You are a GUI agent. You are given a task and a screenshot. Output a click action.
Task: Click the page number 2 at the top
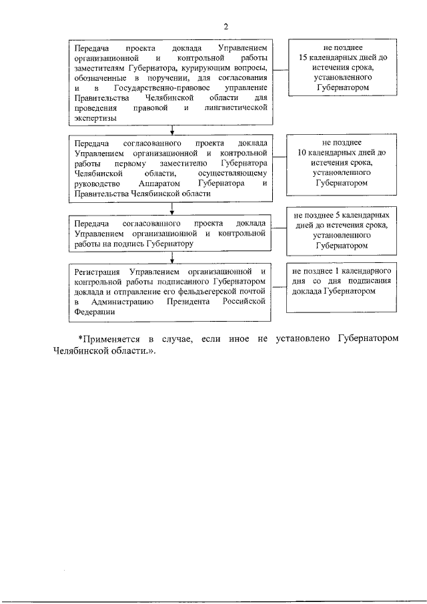pyautogui.click(x=226, y=27)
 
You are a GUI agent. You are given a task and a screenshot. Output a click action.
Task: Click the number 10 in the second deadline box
pyautogui.click(x=302, y=153)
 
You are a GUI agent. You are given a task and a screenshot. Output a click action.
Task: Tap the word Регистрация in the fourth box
pyautogui.click(x=97, y=272)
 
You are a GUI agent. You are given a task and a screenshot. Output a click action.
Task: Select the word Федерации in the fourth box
pyautogui.click(x=94, y=311)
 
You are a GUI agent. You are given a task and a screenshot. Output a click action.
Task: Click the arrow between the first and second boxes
pyautogui.click(x=173, y=131)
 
